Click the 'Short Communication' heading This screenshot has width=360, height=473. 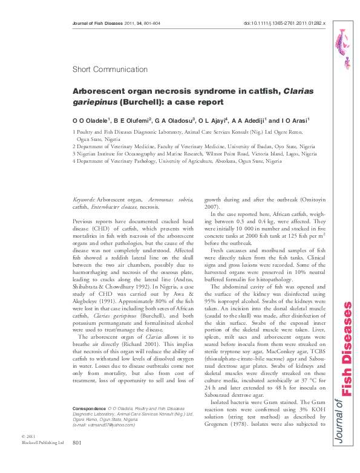point(106,70)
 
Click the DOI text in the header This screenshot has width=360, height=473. point(284,23)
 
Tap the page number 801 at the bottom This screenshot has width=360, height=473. point(76,460)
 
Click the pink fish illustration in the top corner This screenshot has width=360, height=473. point(343,46)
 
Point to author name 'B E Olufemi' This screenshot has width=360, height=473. point(132,120)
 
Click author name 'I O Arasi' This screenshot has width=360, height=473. point(293,120)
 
